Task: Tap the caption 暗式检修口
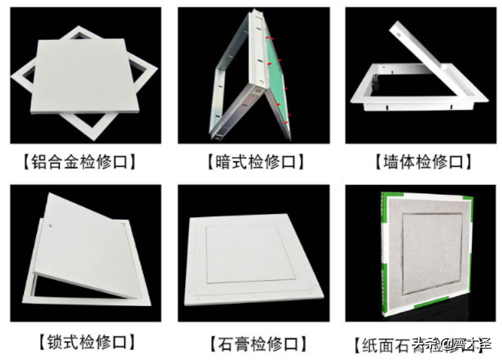(x=255, y=162)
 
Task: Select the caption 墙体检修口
(x=422, y=162)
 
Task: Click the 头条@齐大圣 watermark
(x=452, y=344)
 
